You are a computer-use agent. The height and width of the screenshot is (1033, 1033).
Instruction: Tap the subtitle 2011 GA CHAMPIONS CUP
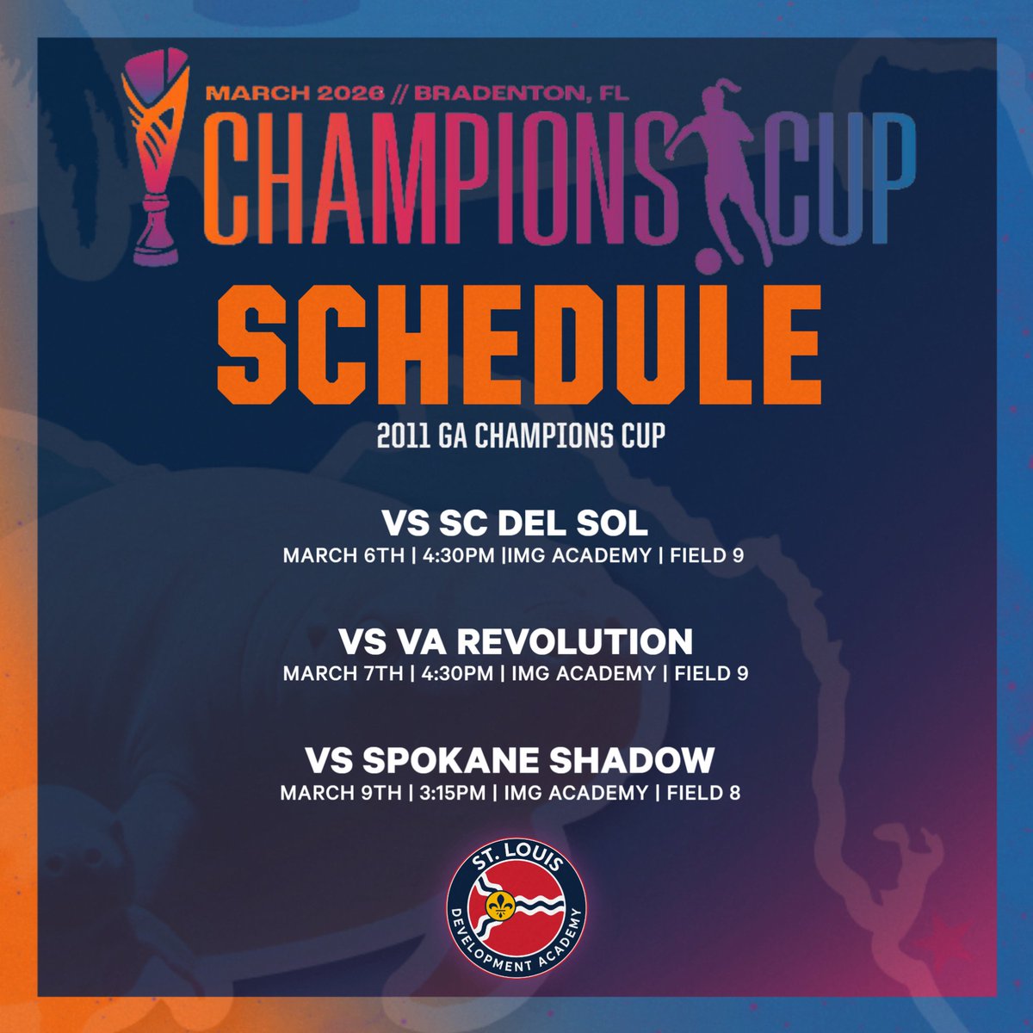click(521, 435)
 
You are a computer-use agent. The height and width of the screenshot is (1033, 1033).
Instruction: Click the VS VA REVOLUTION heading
click(515, 642)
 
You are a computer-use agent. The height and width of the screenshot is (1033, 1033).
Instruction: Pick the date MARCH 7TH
click(343, 673)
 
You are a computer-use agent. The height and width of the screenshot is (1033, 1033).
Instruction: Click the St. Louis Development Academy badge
click(517, 905)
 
